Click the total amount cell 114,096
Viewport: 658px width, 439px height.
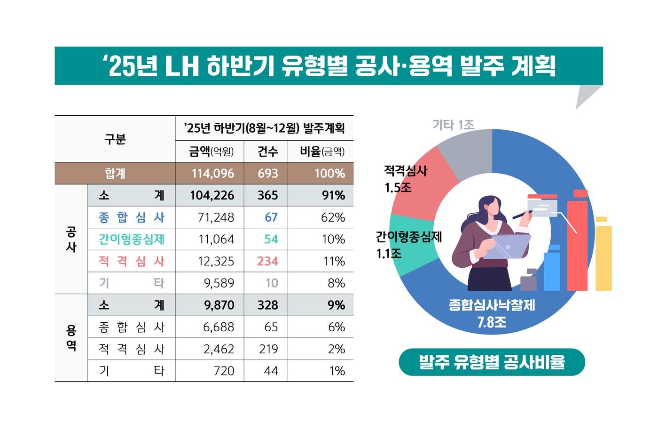pyautogui.click(x=212, y=174)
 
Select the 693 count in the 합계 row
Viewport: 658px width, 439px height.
pyautogui.click(x=267, y=174)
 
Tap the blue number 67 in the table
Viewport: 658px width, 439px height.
pyautogui.click(x=271, y=217)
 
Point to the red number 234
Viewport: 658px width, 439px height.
pyautogui.click(x=267, y=261)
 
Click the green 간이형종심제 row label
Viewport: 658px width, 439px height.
pyautogui.click(x=132, y=239)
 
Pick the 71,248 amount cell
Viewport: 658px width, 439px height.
pyautogui.click(x=216, y=217)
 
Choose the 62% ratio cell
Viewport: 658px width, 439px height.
pyautogui.click(x=333, y=217)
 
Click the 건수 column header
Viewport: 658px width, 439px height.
pyautogui.click(x=267, y=152)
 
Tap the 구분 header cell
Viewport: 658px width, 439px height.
pyautogui.click(x=115, y=139)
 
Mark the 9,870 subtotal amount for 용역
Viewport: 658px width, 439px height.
pyautogui.click(x=219, y=305)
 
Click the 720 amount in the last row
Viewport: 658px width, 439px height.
pyautogui.click(x=224, y=371)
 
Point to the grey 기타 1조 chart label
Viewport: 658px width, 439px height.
pyautogui.click(x=453, y=125)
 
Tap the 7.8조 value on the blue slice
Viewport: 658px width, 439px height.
pyautogui.click(x=492, y=322)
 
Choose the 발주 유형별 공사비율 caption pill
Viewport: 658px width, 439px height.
pyautogui.click(x=492, y=362)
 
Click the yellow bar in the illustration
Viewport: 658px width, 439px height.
pyautogui.click(x=603, y=256)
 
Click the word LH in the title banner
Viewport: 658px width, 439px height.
pyautogui.click(x=182, y=66)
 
